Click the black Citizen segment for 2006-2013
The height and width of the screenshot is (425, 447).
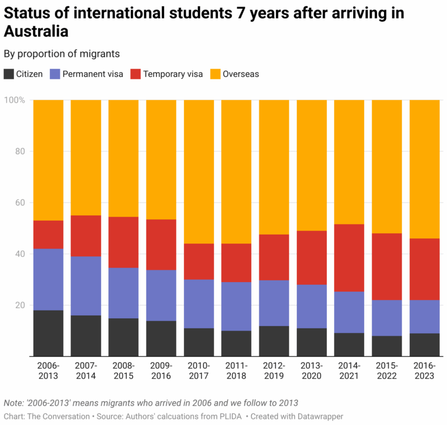[x=48, y=333]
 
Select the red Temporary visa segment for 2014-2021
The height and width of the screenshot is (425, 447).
[x=349, y=257]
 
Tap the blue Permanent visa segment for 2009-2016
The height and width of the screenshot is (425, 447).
[x=161, y=295]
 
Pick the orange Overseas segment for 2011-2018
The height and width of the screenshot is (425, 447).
[x=236, y=171]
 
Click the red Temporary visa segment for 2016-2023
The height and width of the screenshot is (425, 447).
[x=424, y=269]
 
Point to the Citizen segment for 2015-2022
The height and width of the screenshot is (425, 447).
[x=387, y=346]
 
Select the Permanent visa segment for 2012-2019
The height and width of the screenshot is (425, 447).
[x=274, y=303]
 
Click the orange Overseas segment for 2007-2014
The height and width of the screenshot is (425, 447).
[x=85, y=157]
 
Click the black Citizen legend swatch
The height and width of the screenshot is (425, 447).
[x=9, y=74]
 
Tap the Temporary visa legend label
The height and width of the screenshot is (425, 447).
[x=173, y=74]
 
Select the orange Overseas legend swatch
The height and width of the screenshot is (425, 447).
[x=215, y=74]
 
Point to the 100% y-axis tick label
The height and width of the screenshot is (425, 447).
[x=15, y=100]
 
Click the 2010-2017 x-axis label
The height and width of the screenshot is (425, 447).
[x=199, y=371]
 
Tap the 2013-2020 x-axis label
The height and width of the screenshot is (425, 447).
[x=312, y=371]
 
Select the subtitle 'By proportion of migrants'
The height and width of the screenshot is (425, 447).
[x=61, y=54]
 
